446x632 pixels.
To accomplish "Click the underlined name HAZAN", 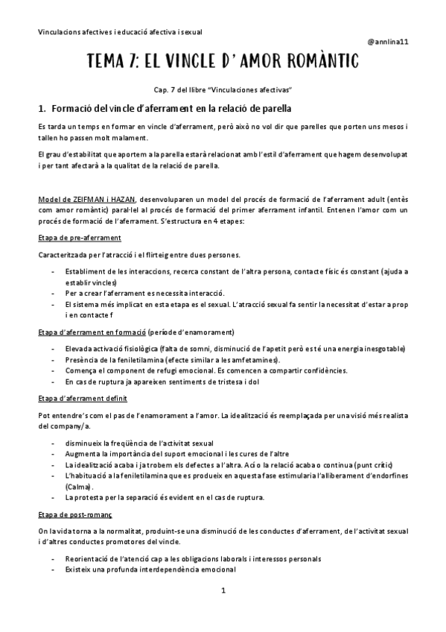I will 118,200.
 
